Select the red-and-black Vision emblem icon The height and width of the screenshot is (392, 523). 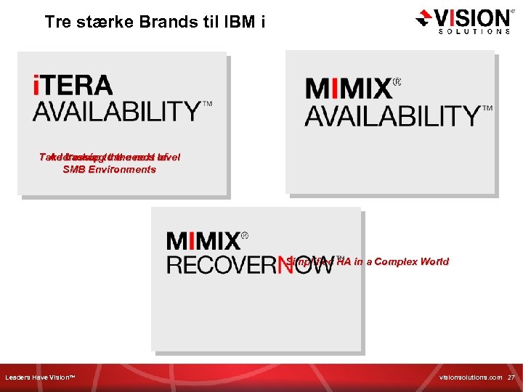(x=424, y=19)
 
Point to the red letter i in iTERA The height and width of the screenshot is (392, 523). (x=37, y=86)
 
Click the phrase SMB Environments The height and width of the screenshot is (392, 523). (x=109, y=170)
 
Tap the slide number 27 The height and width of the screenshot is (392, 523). (x=511, y=378)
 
